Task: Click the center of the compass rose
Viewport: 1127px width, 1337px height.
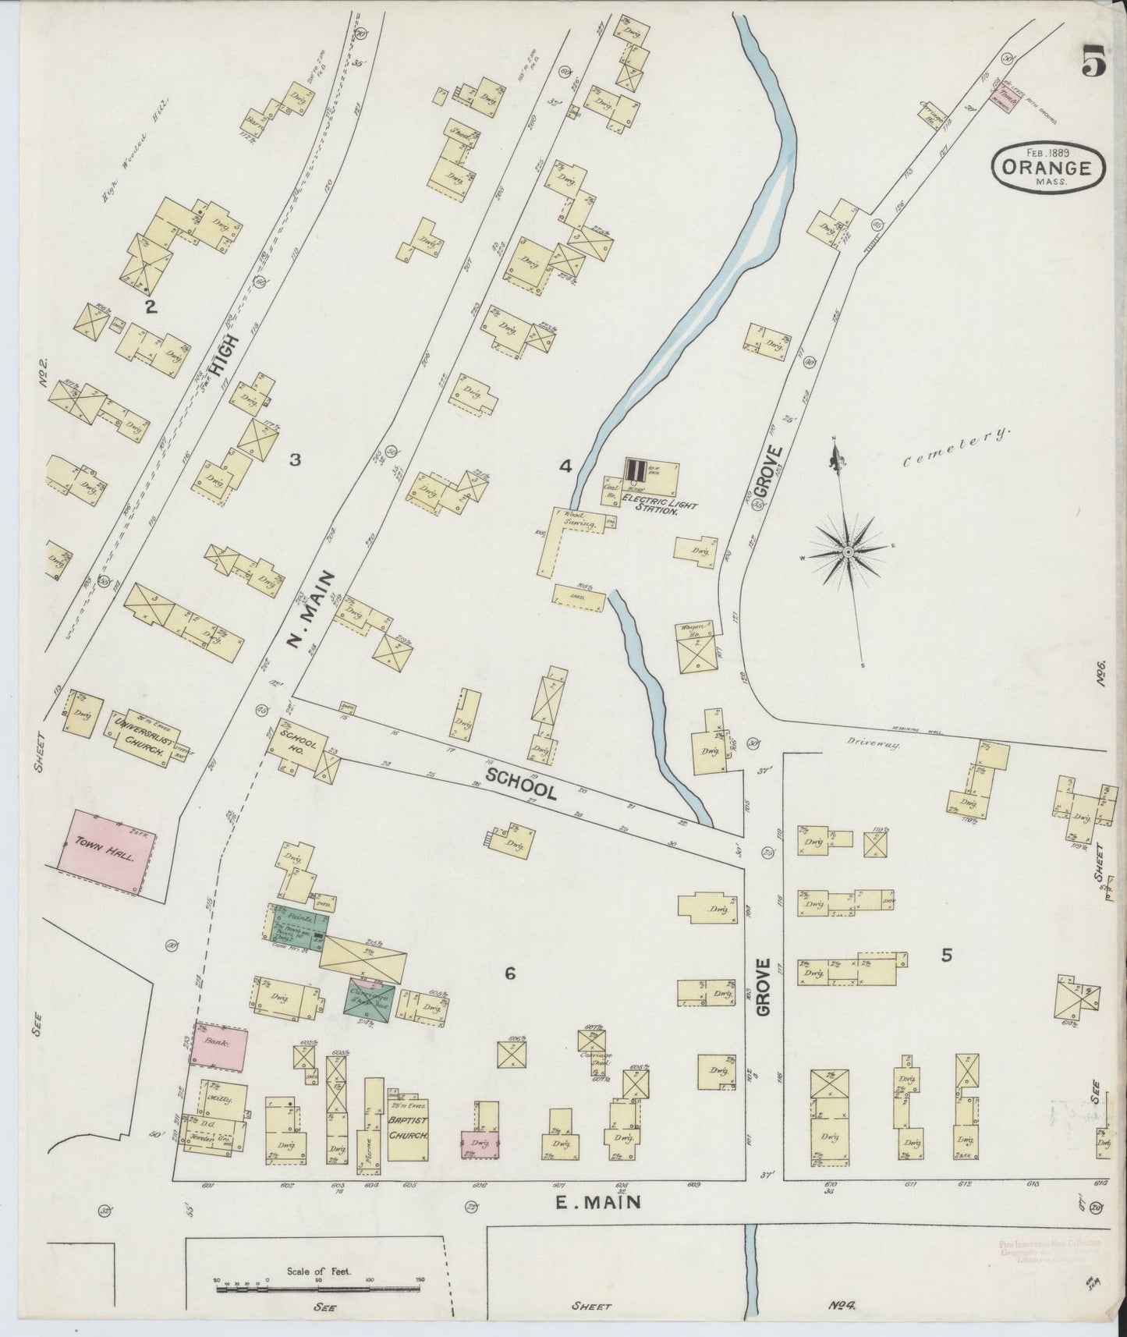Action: point(847,553)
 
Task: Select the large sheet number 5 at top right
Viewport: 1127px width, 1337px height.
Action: point(1093,60)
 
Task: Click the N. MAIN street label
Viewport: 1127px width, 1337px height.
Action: point(304,611)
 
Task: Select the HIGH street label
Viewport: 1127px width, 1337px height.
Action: point(229,342)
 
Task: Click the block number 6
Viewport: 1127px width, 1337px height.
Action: point(510,973)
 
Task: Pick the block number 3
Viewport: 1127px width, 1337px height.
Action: point(295,460)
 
